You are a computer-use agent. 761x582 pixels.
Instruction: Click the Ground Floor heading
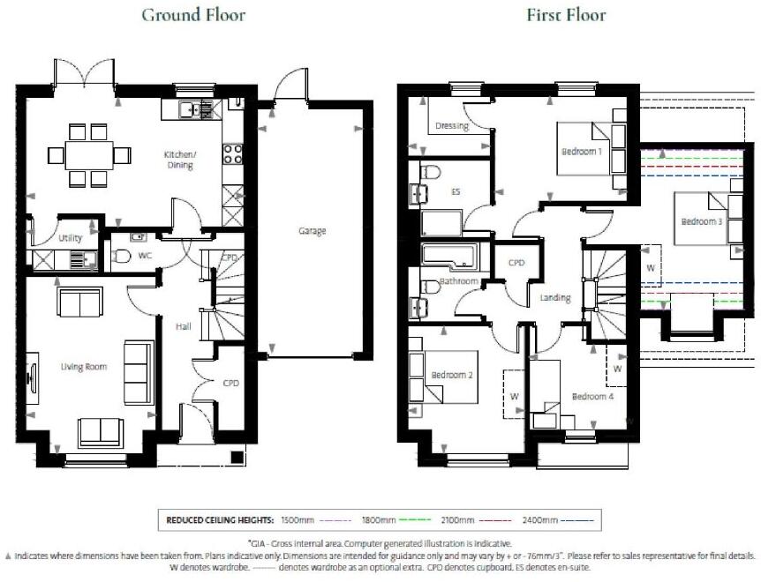pyautogui.click(x=193, y=15)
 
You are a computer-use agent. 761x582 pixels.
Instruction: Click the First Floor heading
pyautogui.click(x=566, y=15)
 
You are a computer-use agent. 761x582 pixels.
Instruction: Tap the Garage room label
pyautogui.click(x=312, y=231)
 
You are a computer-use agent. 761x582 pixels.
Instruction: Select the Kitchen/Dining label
pyautogui.click(x=180, y=159)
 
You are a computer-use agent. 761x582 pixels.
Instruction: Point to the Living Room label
pyautogui.click(x=83, y=366)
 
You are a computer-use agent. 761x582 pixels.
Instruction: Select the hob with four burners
pyautogui.click(x=233, y=154)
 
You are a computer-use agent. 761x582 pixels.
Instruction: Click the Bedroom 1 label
pyautogui.click(x=582, y=152)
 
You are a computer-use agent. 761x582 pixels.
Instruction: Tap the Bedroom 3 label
pyautogui.click(x=701, y=221)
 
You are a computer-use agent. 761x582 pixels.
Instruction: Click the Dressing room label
pyautogui.click(x=451, y=126)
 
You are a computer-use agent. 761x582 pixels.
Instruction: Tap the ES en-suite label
pyautogui.click(x=456, y=191)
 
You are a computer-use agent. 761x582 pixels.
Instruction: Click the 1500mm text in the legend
pyautogui.click(x=298, y=520)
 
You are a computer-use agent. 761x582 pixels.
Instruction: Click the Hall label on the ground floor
pyautogui.click(x=184, y=326)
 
